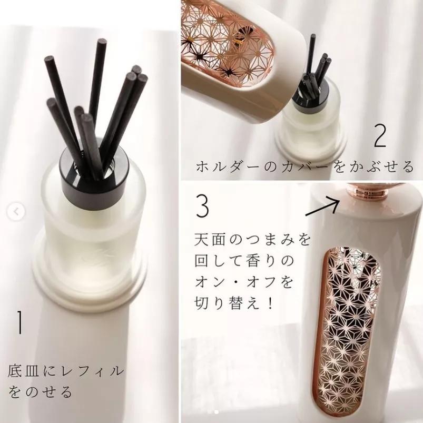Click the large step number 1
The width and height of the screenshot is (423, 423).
pyautogui.click(x=19, y=322)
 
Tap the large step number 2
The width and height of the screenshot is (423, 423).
pyautogui.click(x=380, y=136)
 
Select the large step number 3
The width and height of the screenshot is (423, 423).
pyautogui.click(x=203, y=206)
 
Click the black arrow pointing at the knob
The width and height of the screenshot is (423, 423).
pyautogui.click(x=322, y=207)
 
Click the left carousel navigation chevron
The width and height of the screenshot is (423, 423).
pyautogui.click(x=16, y=212)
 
